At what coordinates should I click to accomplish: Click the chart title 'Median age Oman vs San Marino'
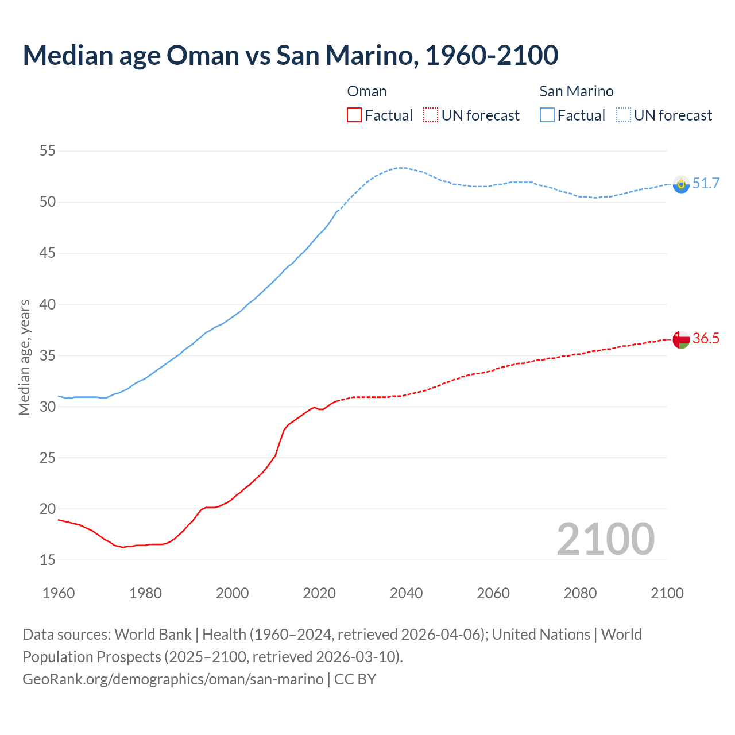pos(290,55)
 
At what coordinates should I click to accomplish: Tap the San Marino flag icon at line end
pos(681,184)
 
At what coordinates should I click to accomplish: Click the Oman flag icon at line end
pos(681,339)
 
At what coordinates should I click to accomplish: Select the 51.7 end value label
pos(706,184)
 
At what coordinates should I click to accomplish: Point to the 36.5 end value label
pos(706,339)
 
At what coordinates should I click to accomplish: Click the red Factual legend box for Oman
pos(354,115)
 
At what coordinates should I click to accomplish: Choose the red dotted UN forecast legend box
pos(431,115)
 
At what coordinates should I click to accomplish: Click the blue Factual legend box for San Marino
pos(547,115)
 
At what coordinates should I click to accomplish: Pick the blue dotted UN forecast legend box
pos(624,115)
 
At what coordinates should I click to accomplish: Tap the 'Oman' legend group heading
pos(367,91)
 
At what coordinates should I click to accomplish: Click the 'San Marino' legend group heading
pos(577,91)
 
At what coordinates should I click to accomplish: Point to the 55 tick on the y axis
pos(48,151)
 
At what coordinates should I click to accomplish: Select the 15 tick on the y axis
pos(48,560)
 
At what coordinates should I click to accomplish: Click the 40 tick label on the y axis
pos(48,304)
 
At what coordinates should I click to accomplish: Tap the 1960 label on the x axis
pos(59,593)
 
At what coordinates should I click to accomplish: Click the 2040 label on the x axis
pos(406,593)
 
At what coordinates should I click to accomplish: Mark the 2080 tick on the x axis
pos(580,593)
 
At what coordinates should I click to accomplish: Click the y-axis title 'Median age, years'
pos(24,357)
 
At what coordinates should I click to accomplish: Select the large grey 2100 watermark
pos(605,539)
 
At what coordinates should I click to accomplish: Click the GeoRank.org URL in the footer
pos(173,679)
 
